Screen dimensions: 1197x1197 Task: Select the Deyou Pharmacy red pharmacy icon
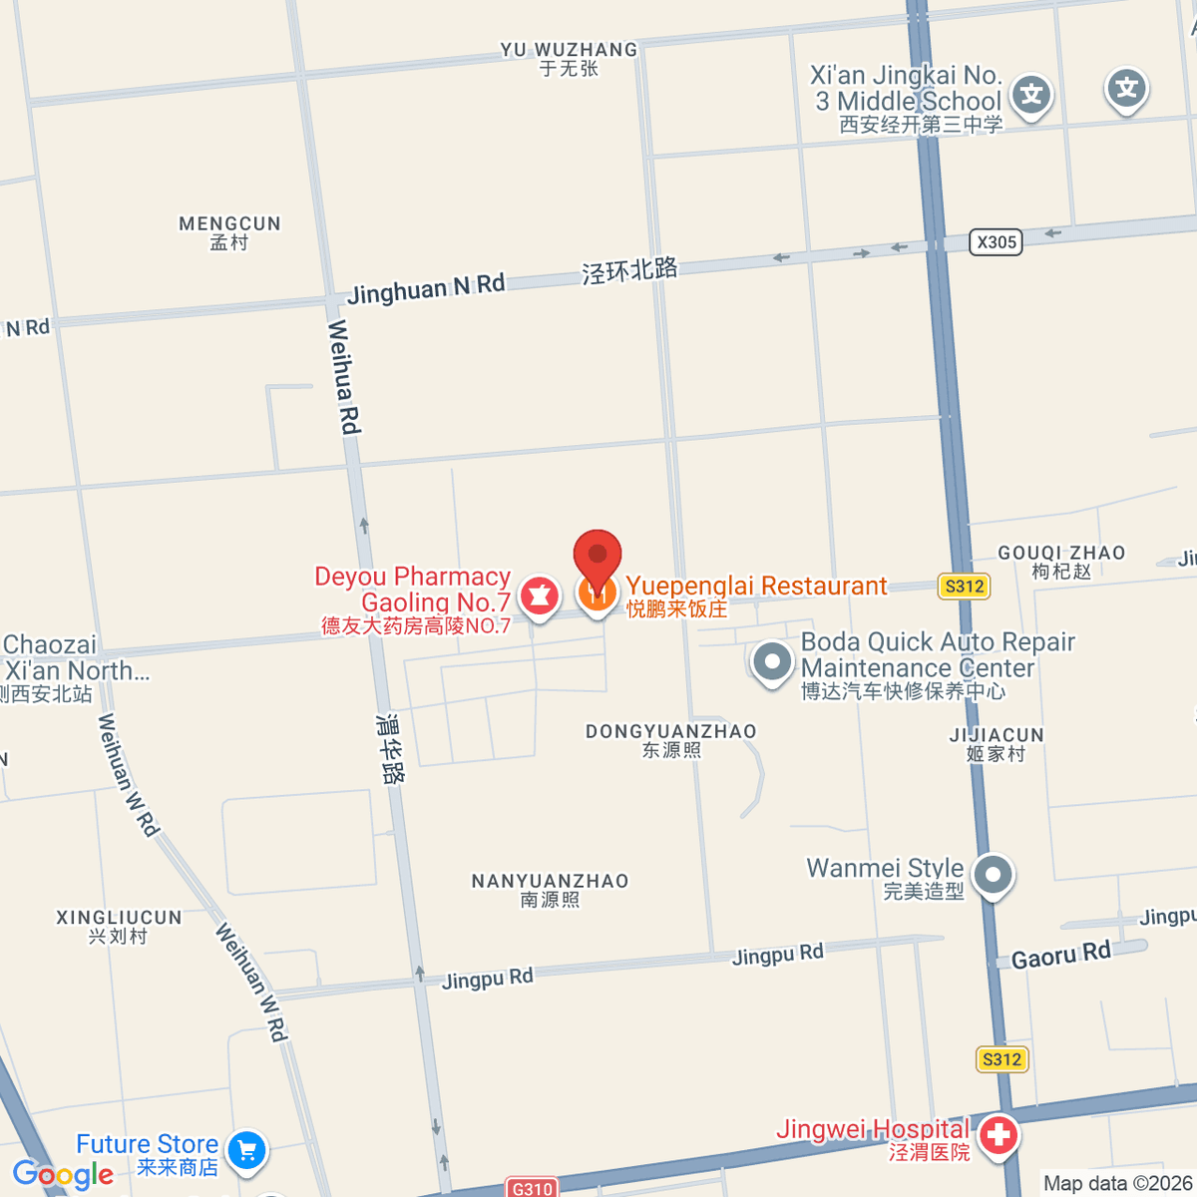pyautogui.click(x=539, y=596)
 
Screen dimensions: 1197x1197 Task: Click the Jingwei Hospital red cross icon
pyautogui.click(x=997, y=1134)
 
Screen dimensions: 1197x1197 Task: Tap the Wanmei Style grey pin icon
pyautogui.click(x=993, y=875)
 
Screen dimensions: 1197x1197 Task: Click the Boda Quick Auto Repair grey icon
pyautogui.click(x=772, y=660)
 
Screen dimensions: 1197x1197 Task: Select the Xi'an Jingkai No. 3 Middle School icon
pyautogui.click(x=1031, y=96)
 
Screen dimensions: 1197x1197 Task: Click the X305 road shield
pyautogui.click(x=997, y=241)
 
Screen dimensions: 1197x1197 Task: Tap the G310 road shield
pyautogui.click(x=532, y=1188)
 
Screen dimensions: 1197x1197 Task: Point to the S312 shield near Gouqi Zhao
pyautogui.click(x=964, y=587)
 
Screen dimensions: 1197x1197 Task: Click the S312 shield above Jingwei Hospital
pyautogui.click(x=1001, y=1059)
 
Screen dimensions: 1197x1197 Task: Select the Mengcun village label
pyautogui.click(x=229, y=232)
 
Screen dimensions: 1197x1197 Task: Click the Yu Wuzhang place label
pyautogui.click(x=569, y=59)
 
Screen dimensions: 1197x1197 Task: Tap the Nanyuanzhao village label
pyautogui.click(x=550, y=890)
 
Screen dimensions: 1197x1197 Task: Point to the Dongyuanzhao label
pyautogui.click(x=670, y=740)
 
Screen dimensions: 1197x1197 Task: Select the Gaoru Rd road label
pyautogui.click(x=1060, y=956)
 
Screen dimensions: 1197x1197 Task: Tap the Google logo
pyautogui.click(x=63, y=1174)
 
